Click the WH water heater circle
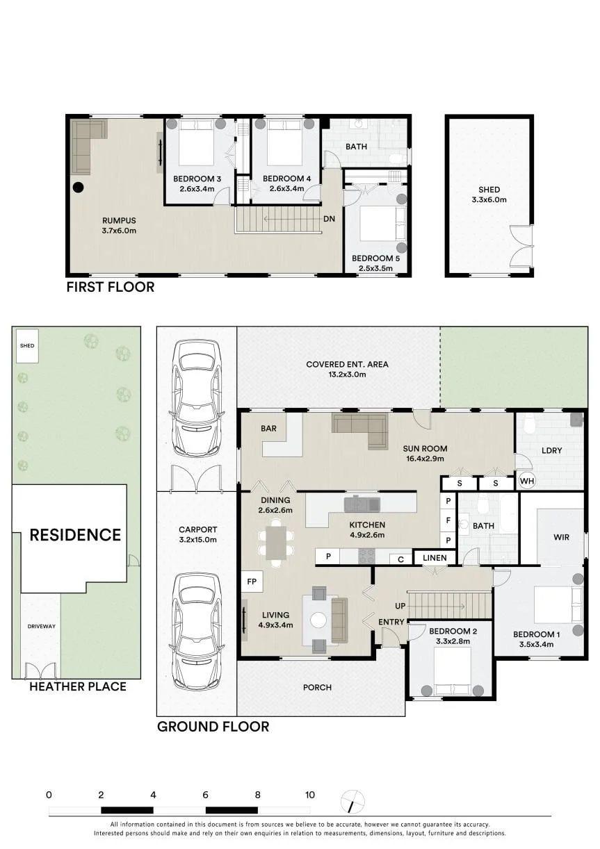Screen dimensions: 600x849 tap(527, 481)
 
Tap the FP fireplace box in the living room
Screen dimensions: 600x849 tap(252, 582)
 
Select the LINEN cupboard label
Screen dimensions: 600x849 tap(435, 557)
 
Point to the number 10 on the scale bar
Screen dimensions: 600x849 tap(310, 795)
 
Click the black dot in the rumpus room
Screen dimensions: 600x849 tap(78, 187)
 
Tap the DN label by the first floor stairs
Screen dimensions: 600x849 tap(330, 219)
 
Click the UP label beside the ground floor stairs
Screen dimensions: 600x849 tap(400, 606)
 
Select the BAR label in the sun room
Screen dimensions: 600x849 tap(268, 428)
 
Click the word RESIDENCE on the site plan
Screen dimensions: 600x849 tap(75, 535)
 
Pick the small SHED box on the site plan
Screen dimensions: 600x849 tap(27, 346)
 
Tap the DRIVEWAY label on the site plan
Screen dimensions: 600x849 tap(41, 626)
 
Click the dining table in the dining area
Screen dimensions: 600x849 tap(276, 543)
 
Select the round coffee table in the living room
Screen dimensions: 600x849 tap(318, 620)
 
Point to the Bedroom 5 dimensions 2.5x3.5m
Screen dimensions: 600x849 tap(375, 268)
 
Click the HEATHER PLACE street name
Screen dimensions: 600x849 tap(78, 686)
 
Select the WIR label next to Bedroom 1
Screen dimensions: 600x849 tap(561, 537)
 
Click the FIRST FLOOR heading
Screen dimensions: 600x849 tap(111, 287)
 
